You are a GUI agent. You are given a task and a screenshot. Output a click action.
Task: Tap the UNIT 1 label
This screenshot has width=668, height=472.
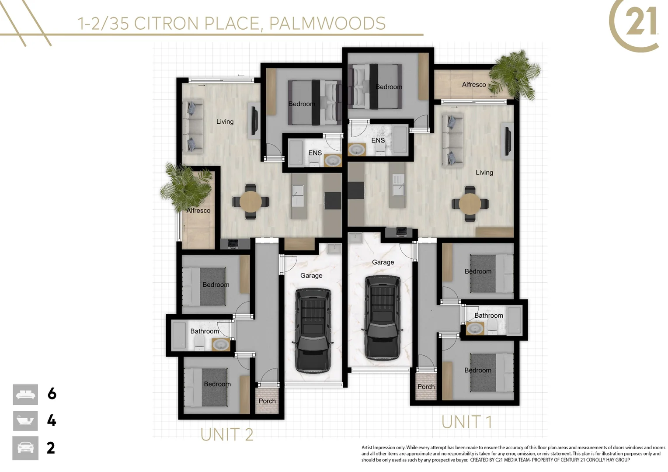(466, 422)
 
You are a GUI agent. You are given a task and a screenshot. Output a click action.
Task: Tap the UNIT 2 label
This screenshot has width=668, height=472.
(226, 434)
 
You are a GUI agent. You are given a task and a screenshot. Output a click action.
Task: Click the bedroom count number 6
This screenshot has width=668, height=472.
(52, 394)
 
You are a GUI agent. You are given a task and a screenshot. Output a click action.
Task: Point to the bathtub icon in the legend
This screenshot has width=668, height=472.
(25, 421)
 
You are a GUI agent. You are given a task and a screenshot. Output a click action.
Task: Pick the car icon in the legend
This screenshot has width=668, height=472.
(25, 448)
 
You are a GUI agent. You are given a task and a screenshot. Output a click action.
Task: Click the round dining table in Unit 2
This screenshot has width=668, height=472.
(250, 202)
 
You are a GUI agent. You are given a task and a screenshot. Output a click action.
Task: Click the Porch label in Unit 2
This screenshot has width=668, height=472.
(267, 401)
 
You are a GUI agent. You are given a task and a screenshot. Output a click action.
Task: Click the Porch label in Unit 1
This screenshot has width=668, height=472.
(426, 387)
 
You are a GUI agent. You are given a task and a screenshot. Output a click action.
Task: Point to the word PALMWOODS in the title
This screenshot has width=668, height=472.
(327, 23)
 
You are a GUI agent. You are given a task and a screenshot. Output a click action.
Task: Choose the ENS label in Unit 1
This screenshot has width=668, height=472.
(378, 140)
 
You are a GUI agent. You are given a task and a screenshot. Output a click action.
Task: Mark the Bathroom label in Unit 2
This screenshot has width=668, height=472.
(204, 331)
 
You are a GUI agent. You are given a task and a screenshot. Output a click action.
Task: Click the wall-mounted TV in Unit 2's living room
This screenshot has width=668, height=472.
(254, 120)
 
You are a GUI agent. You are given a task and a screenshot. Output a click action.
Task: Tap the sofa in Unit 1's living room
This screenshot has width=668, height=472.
(452, 140)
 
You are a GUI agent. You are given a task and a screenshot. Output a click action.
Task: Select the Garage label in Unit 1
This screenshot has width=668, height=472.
(383, 262)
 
